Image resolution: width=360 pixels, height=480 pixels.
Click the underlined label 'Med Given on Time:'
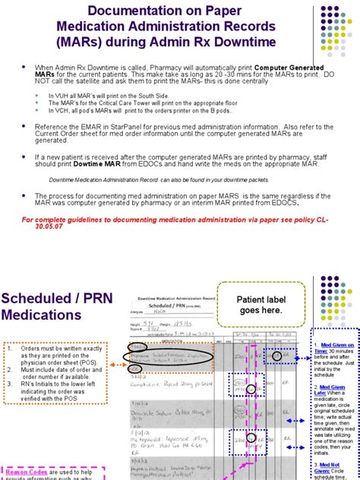[x=335, y=348]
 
